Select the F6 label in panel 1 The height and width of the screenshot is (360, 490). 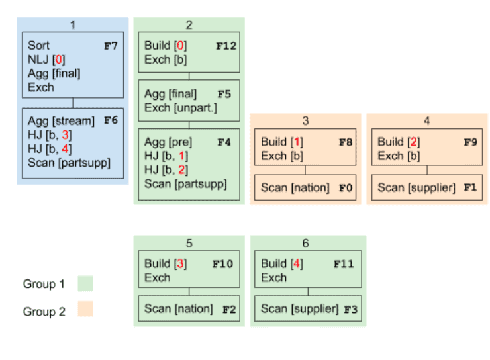click(110, 121)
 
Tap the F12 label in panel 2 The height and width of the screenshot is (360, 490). click(226, 46)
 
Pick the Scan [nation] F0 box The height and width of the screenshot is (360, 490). click(305, 187)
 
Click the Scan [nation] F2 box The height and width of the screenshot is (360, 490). click(189, 308)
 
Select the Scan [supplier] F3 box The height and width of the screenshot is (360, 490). click(305, 308)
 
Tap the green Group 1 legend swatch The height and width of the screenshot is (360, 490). click(85, 283)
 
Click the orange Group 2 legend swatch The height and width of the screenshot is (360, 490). click(85, 309)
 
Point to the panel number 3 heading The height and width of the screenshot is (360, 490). click(305, 121)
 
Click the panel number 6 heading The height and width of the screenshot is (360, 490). click(305, 244)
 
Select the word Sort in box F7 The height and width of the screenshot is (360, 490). click(38, 46)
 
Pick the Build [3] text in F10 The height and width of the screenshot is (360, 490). click(166, 263)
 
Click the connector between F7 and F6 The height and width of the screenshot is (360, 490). click(73, 103)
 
